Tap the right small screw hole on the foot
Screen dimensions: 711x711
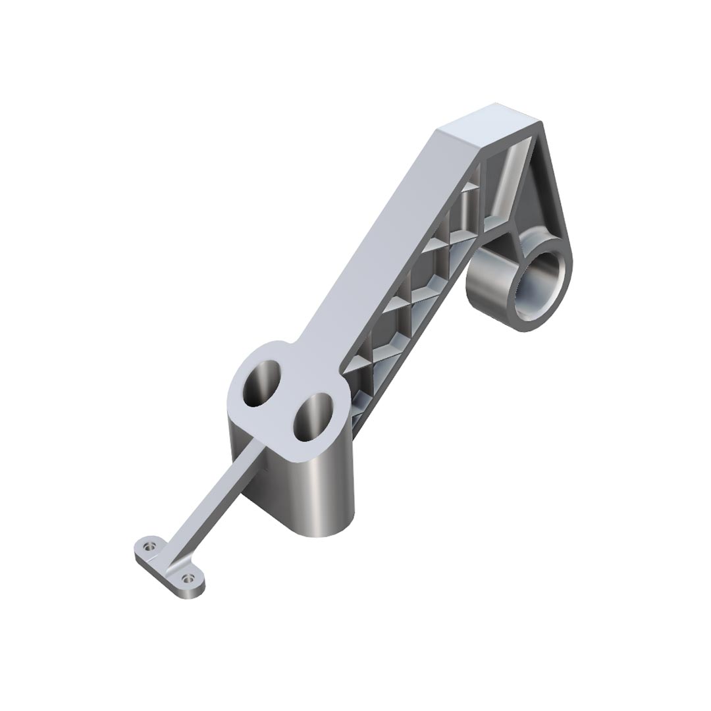point(190,579)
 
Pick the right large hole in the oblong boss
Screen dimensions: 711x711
point(311,417)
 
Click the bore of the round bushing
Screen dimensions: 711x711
point(538,287)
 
